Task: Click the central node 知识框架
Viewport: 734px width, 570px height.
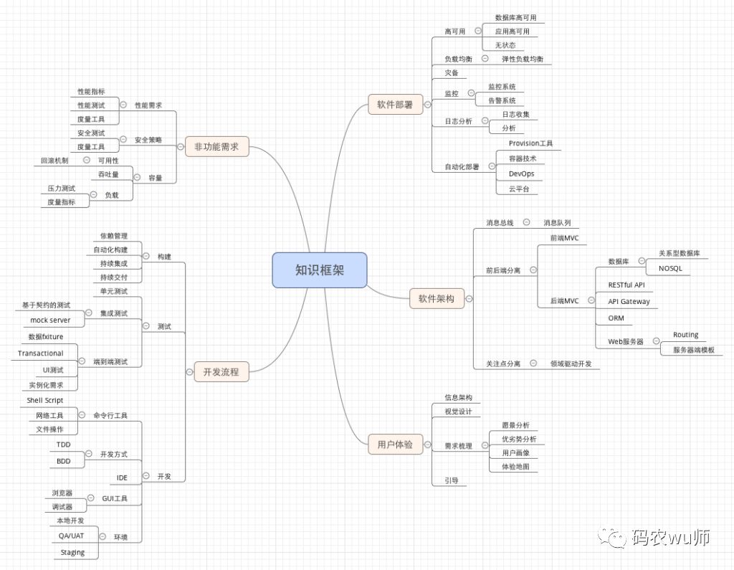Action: tap(320, 270)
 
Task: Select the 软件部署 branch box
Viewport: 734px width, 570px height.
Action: tap(395, 105)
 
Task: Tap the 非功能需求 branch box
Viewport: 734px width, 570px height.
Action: tap(216, 148)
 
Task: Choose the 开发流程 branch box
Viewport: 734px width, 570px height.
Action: tap(221, 371)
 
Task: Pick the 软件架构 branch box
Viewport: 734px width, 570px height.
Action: tap(437, 299)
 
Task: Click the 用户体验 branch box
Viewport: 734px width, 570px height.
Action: tap(395, 445)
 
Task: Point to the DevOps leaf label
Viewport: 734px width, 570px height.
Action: tap(521, 174)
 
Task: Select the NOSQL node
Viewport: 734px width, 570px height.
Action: tap(670, 268)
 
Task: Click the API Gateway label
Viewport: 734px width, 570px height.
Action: tap(629, 301)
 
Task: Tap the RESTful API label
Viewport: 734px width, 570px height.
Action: tap(626, 285)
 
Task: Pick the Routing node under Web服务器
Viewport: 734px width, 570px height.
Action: tap(685, 335)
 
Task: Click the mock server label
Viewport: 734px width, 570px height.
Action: tap(50, 320)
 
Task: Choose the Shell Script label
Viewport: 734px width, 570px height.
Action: tap(45, 400)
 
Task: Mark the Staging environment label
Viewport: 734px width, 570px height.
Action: tap(72, 552)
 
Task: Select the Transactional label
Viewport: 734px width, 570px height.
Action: tap(41, 353)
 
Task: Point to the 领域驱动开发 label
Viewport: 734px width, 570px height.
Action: tap(571, 364)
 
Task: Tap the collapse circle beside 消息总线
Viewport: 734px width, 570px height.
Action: tap(527, 223)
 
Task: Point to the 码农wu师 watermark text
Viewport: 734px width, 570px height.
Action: tap(669, 537)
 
